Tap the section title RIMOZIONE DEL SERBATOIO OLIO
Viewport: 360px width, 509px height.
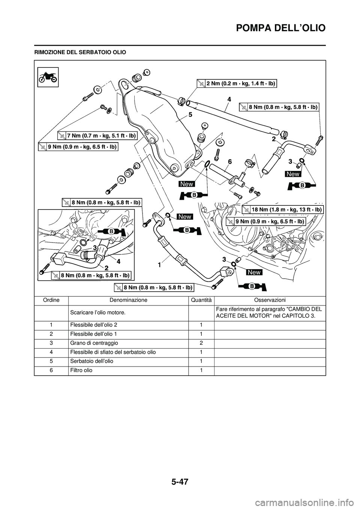click(80, 51)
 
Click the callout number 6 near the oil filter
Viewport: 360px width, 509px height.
click(230, 162)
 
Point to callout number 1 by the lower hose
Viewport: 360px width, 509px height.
click(159, 265)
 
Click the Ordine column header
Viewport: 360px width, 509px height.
click(51, 300)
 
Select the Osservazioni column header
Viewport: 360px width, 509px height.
click(270, 300)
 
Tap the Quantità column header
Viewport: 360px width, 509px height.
click(201, 300)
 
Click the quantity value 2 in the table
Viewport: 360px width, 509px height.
click(201, 343)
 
